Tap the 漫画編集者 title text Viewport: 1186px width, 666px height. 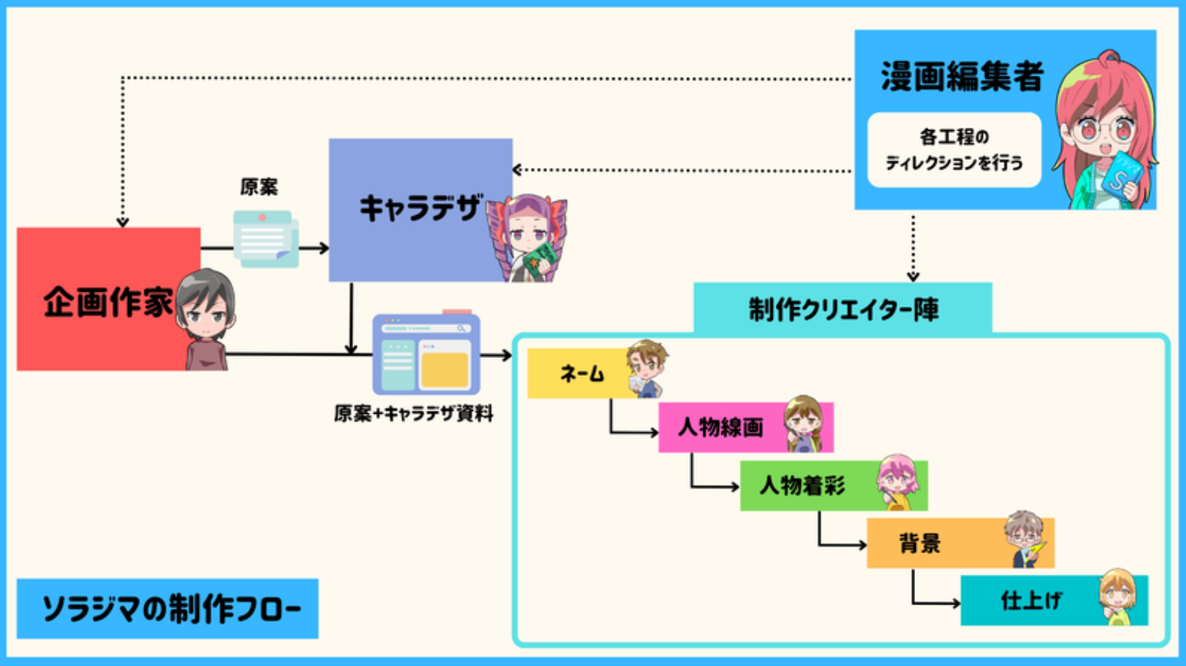click(x=962, y=76)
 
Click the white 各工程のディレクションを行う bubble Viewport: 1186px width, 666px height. click(x=954, y=150)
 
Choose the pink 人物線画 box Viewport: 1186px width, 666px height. click(x=718, y=427)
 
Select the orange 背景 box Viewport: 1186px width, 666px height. click(x=929, y=544)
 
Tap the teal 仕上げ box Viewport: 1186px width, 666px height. click(x=1029, y=601)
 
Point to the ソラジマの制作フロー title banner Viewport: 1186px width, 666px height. click(x=167, y=609)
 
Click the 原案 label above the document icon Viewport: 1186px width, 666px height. click(x=259, y=187)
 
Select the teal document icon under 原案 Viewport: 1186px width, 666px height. click(x=265, y=239)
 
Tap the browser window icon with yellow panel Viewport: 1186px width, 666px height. click(x=426, y=354)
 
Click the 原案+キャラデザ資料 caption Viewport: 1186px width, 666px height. click(x=413, y=414)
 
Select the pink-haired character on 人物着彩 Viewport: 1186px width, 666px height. click(x=897, y=482)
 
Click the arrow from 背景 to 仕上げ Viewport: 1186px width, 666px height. click(x=929, y=597)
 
